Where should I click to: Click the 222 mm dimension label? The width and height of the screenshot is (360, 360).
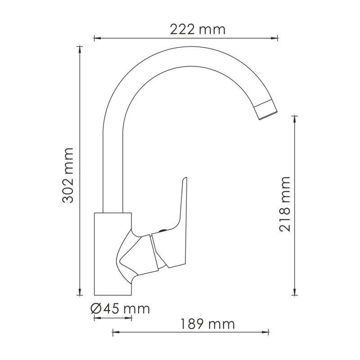click(197, 29)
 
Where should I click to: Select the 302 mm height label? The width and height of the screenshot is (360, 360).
click(68, 175)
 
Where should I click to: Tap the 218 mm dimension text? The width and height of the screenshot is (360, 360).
click(284, 204)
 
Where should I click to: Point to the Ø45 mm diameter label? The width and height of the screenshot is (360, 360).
click(120, 309)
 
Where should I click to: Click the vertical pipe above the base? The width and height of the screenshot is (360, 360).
click(113, 171)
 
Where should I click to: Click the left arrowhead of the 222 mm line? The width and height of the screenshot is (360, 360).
click(96, 38)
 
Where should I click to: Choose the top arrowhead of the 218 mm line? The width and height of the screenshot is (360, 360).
click(295, 118)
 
